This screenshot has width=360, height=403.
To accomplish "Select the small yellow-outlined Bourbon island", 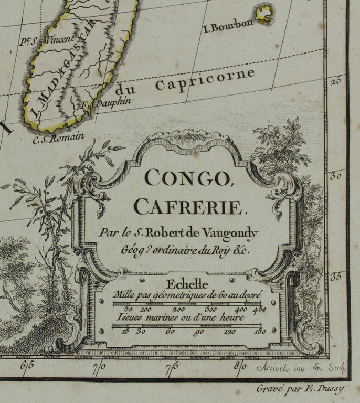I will [264, 13].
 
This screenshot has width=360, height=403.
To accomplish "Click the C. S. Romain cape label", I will [58, 139].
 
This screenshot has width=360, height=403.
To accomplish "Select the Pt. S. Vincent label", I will [48, 39].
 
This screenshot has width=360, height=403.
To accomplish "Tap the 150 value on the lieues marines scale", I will [260, 331].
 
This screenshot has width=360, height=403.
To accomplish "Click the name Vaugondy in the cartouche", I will [235, 230].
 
